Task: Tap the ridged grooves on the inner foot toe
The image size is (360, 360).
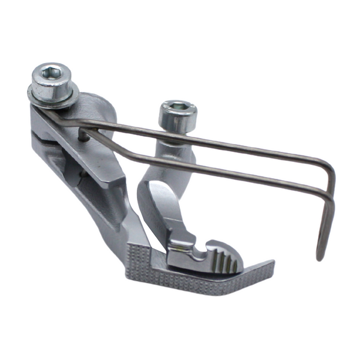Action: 224,259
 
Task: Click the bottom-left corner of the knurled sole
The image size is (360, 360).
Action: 128,276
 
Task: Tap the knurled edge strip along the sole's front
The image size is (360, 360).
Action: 198,282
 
